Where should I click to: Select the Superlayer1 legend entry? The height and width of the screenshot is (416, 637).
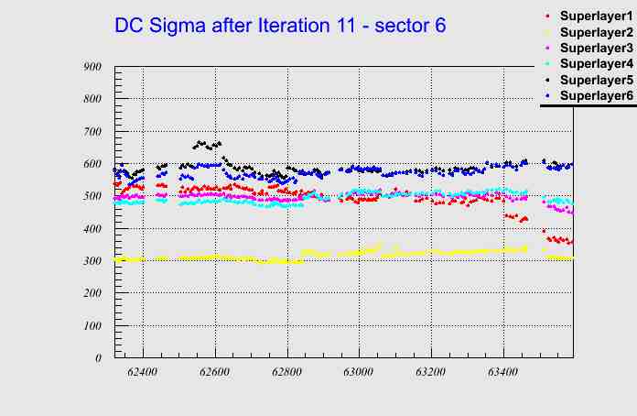tap(594, 16)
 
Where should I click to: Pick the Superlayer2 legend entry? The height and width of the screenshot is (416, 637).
tap(594, 31)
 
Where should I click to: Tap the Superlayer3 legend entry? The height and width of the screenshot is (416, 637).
tap(594, 47)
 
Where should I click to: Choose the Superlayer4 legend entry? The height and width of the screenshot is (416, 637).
tap(594, 63)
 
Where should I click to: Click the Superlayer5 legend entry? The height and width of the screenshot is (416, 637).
tap(594, 80)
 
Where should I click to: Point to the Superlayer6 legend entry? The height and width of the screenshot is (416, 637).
tap(594, 95)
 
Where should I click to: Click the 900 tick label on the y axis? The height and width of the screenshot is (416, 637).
tap(92, 66)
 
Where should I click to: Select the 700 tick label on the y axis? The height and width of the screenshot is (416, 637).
tap(92, 131)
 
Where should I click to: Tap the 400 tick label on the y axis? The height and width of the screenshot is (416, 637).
tap(92, 228)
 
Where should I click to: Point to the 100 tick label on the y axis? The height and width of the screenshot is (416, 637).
tap(92, 325)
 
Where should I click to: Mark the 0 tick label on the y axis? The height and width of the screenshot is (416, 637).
tap(98, 358)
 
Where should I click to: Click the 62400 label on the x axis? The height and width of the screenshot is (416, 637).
tap(143, 373)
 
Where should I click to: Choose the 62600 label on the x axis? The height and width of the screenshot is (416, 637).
tap(215, 373)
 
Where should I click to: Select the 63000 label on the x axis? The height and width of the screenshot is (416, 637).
tap(359, 373)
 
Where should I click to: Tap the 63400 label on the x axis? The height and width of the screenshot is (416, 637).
tap(502, 373)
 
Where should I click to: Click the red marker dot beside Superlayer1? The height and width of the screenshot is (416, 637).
tap(547, 16)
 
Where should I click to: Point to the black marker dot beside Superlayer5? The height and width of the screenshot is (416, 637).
tap(547, 80)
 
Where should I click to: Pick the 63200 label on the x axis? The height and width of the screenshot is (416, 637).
tap(430, 373)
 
